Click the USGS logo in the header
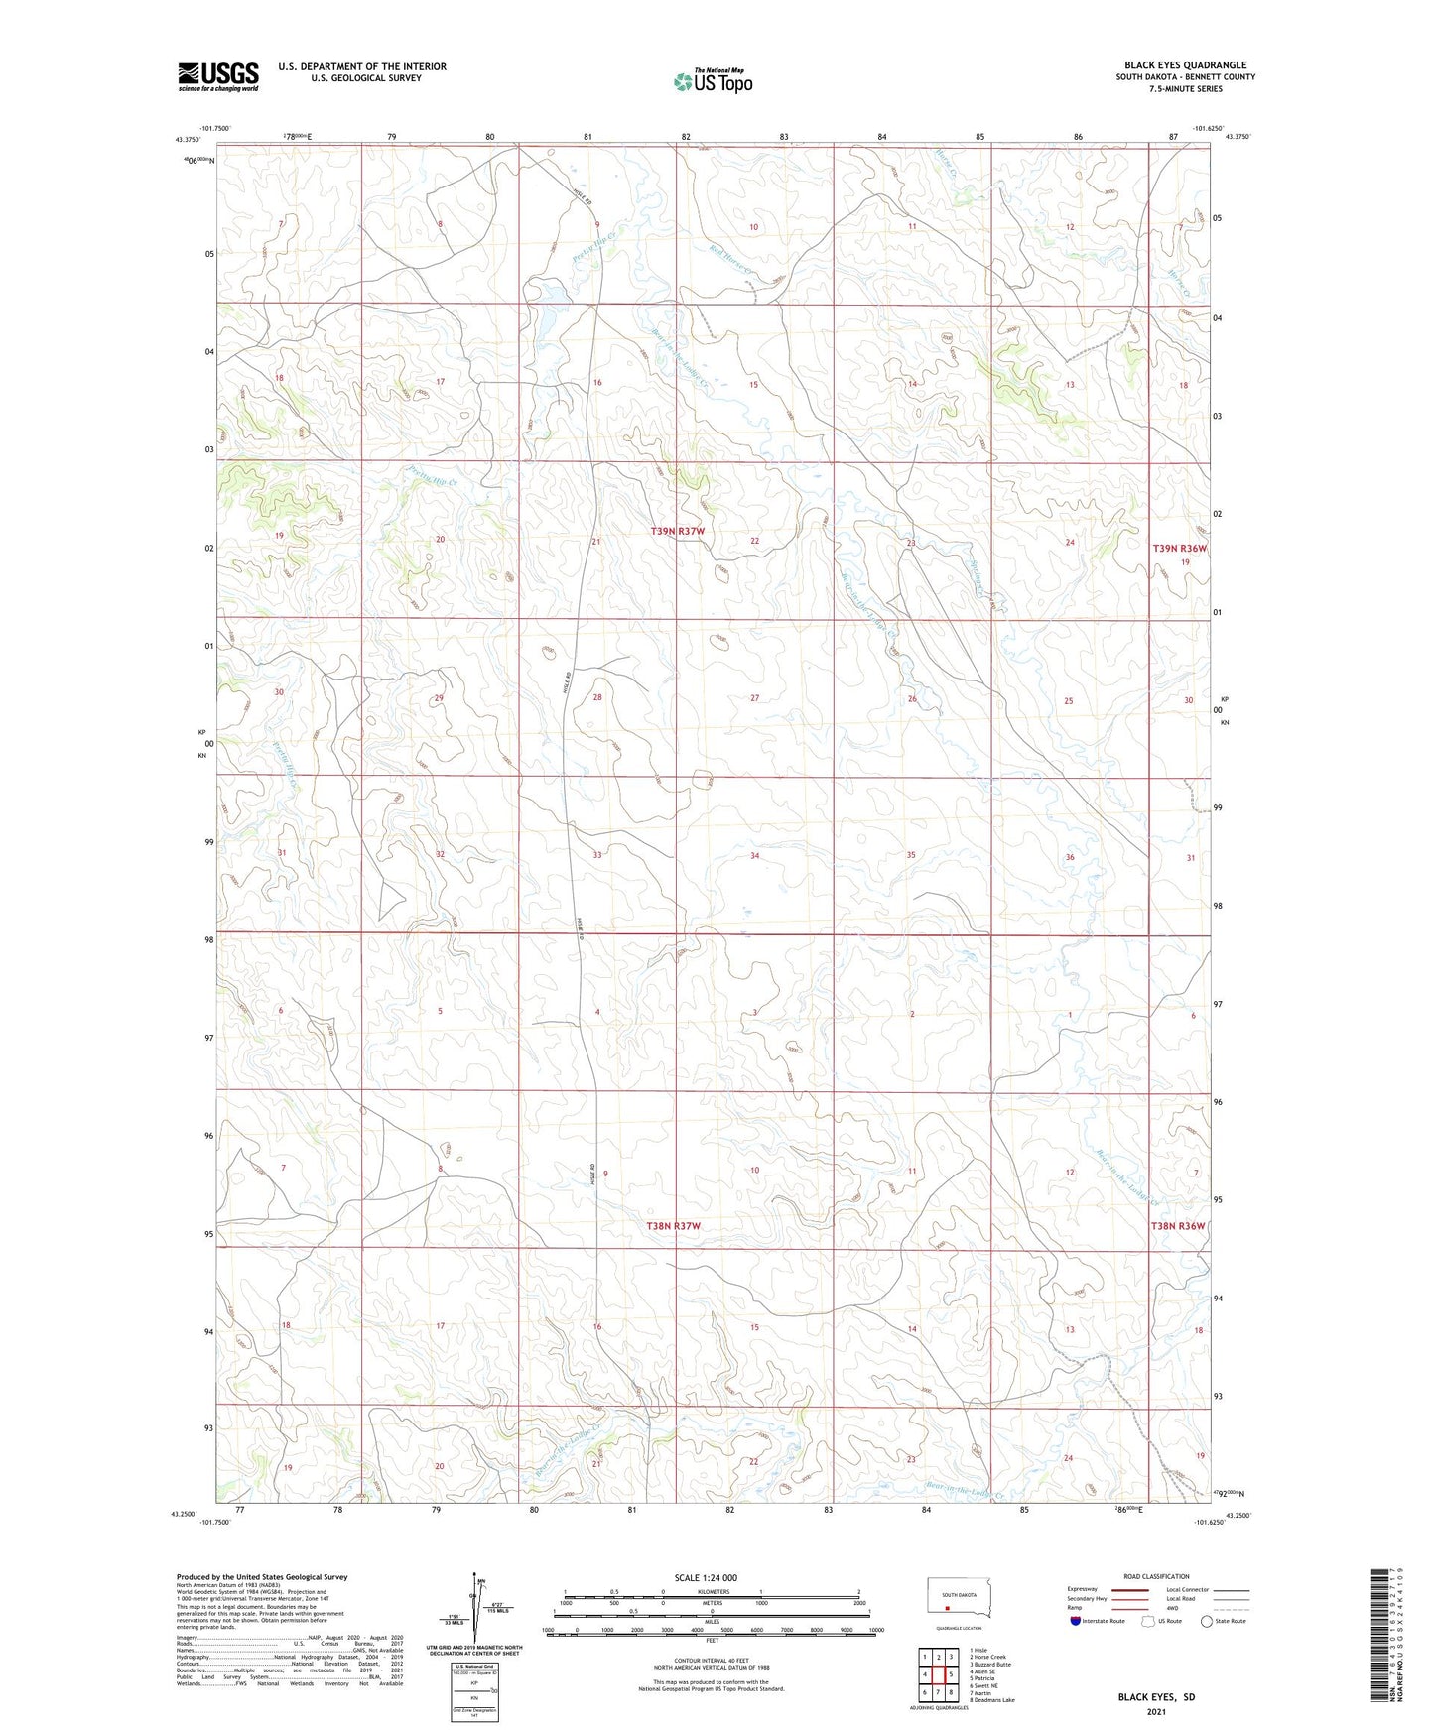217,76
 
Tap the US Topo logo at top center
712,81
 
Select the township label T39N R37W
677,532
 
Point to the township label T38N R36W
1178,1226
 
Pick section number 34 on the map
755,855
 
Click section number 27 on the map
755,698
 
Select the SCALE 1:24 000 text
706,1577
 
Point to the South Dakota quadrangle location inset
950,1600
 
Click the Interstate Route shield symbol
1077,1621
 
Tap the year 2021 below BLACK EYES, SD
1156,1712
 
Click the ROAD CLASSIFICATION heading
1156,1576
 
